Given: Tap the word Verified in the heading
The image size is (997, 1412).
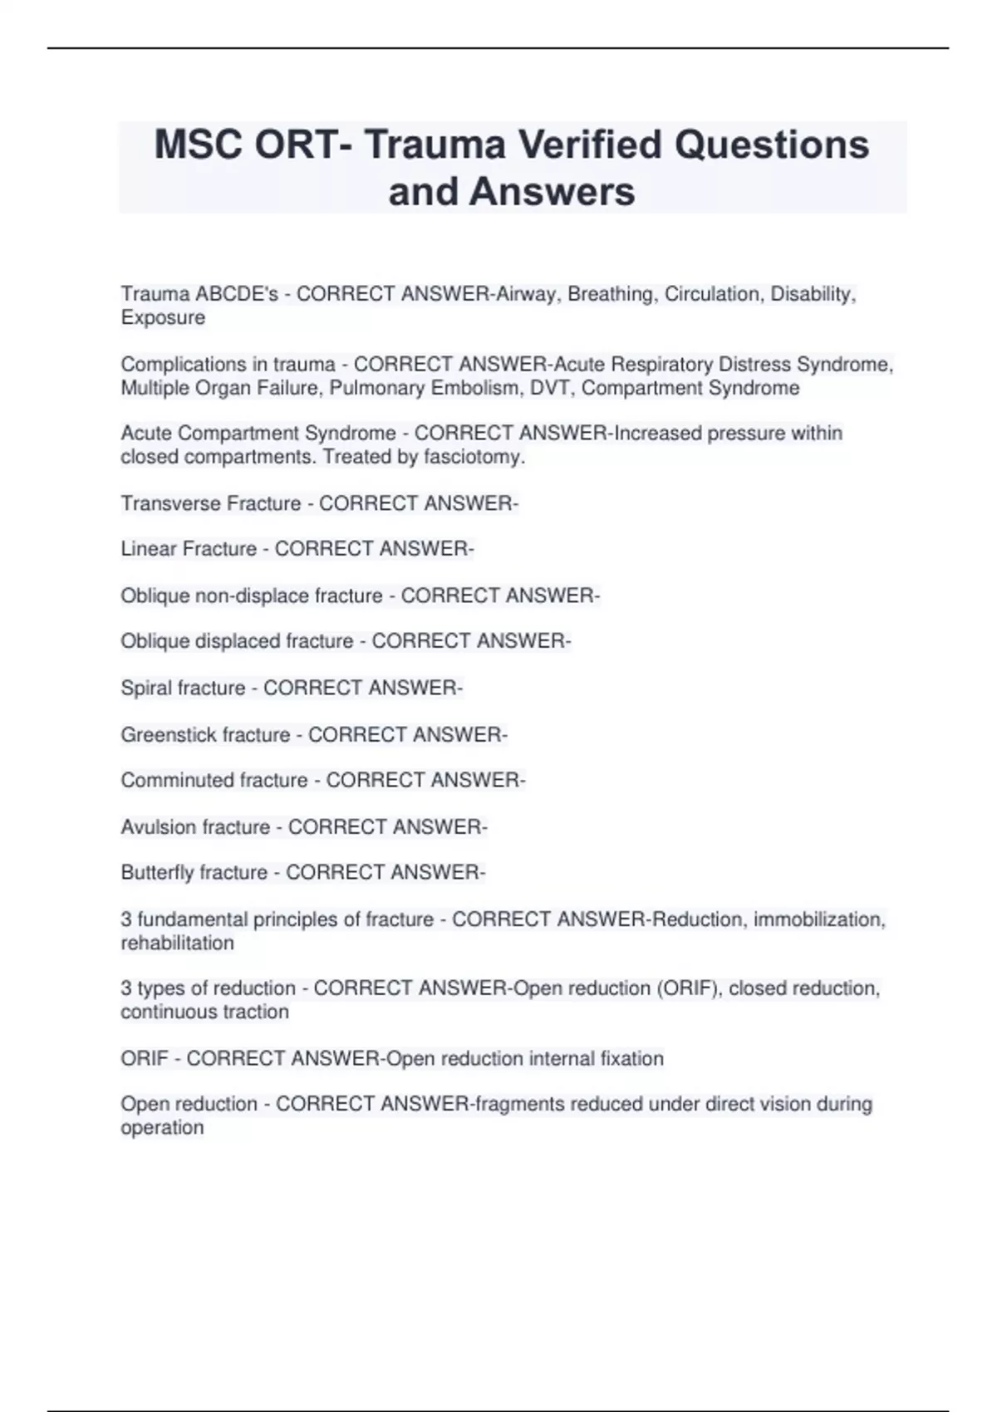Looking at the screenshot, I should pos(591,145).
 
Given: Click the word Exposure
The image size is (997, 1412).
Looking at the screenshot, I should pos(163,318).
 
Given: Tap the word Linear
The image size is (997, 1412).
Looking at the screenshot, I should pos(148,549).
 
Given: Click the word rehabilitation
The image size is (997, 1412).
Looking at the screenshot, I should pos(177,943).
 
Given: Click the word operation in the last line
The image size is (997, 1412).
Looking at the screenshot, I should pos(162,1127).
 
